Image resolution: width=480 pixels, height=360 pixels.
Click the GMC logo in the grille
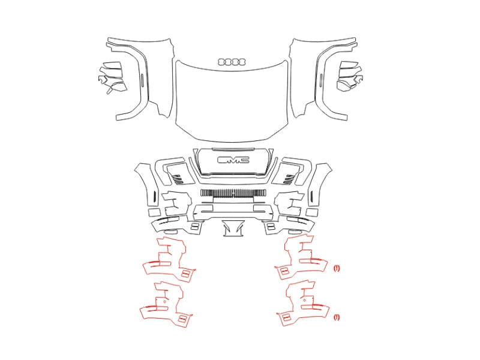(233, 160)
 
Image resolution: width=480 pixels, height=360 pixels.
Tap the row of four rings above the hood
(232, 62)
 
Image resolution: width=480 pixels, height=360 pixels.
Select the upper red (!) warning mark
(337, 268)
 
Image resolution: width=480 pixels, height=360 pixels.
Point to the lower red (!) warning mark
(337, 317)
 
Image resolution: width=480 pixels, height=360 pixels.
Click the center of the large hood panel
(232, 101)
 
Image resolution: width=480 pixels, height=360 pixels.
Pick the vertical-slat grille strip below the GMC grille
(233, 193)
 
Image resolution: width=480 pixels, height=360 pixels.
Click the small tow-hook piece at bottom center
(233, 229)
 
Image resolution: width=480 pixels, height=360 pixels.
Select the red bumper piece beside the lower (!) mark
(302, 306)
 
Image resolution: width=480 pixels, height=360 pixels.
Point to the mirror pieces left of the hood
(112, 77)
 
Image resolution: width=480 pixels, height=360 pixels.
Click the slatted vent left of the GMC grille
(178, 179)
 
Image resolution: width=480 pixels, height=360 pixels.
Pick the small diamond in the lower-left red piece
(164, 301)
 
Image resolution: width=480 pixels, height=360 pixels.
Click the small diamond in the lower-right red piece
(304, 301)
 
